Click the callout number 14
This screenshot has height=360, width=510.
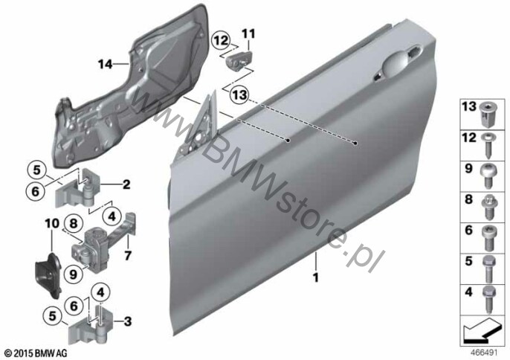pos(106,64)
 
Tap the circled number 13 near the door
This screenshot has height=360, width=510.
pos(239,95)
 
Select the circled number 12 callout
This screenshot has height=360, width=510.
pos(221,41)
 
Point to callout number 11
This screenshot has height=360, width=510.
pos(248,34)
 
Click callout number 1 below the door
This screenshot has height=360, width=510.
pos(315,277)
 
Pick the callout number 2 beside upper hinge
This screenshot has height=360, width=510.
pos(126,184)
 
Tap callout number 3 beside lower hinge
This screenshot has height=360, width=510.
pos(128,321)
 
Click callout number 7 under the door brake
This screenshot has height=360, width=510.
pos(128,255)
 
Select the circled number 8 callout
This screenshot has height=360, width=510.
pos(74,224)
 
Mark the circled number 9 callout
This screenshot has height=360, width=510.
pos(74,274)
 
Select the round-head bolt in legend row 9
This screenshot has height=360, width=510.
pos(486,176)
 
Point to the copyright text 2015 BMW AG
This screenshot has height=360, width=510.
pos(36,353)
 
